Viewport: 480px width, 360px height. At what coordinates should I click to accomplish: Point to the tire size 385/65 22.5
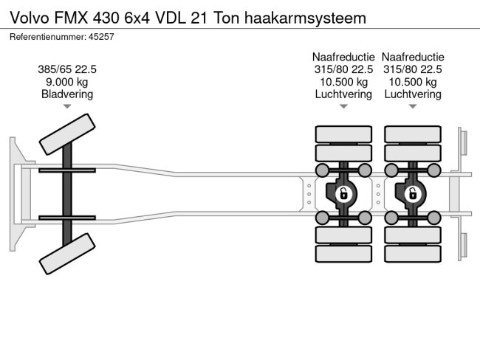[67, 69]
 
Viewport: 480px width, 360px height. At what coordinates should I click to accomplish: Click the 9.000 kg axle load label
[67, 82]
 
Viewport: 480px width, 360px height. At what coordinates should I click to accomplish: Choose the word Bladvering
[67, 94]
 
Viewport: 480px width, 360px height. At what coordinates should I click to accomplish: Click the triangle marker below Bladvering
[67, 107]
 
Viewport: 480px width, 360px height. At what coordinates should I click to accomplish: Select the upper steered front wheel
[67, 134]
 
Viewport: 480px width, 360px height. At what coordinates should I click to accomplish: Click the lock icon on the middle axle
[343, 194]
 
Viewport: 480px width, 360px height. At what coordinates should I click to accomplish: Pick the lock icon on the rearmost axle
[412, 194]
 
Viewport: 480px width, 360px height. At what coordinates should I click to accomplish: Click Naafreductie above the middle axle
[343, 57]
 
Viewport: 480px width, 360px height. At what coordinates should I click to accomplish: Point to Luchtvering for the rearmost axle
[412, 94]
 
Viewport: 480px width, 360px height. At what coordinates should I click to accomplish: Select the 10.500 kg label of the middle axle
[343, 82]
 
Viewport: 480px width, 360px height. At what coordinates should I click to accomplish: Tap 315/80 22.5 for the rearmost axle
[412, 69]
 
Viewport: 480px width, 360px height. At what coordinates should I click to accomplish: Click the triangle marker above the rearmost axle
[412, 107]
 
